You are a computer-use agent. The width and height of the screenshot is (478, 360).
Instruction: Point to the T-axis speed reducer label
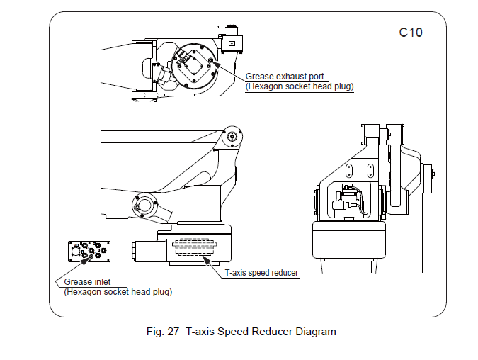262,273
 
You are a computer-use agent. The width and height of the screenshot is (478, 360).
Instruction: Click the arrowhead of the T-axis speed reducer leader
205,259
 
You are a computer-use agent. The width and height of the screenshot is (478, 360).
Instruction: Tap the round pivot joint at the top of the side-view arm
232,137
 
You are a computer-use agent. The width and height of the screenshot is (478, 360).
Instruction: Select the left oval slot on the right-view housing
348,171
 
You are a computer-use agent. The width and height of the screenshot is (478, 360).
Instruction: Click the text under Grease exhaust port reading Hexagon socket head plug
300,86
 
